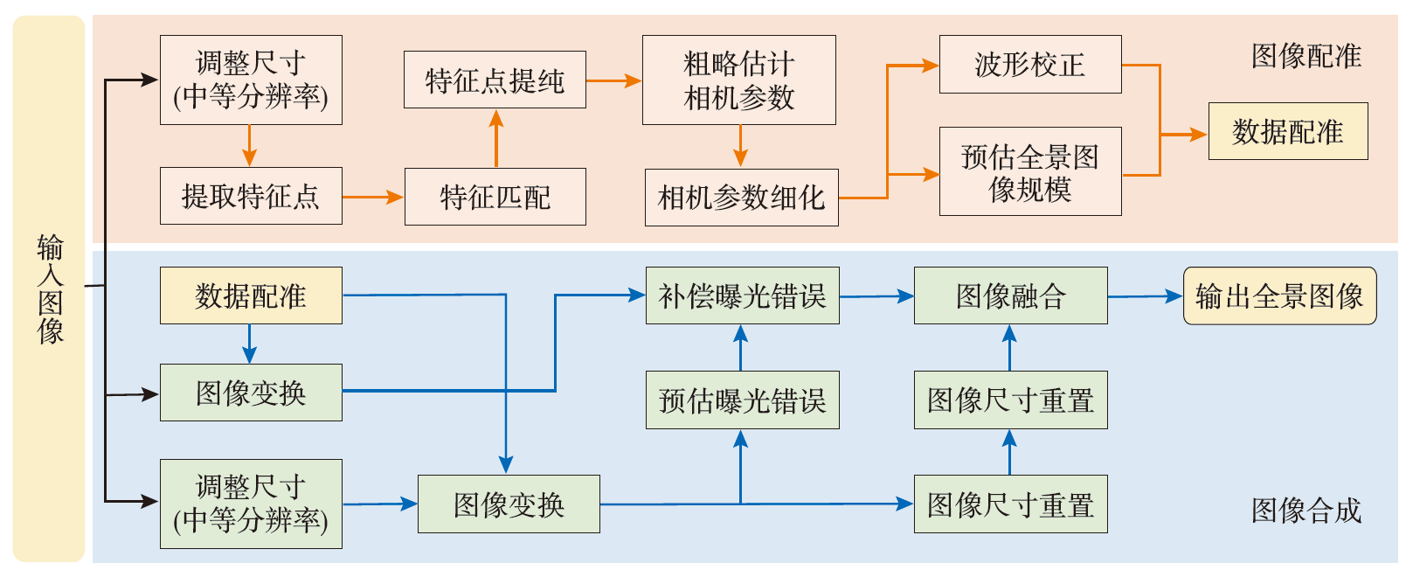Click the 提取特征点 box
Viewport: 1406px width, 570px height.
(x=251, y=196)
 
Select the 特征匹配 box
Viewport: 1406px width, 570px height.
(x=495, y=197)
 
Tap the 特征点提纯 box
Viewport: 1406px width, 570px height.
(x=495, y=80)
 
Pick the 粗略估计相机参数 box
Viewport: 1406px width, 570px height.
(x=738, y=80)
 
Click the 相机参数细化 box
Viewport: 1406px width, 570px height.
(x=741, y=198)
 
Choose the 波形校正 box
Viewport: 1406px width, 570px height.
(x=1029, y=64)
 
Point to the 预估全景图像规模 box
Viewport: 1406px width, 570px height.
(x=1029, y=171)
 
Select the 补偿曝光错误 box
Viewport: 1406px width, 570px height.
(x=742, y=295)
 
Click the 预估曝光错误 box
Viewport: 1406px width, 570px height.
(x=742, y=400)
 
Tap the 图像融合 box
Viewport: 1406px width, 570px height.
(x=1010, y=295)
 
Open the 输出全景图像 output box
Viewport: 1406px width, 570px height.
(x=1279, y=295)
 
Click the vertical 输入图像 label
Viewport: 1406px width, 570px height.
(x=50, y=288)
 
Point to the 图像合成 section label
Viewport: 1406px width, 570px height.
(x=1306, y=510)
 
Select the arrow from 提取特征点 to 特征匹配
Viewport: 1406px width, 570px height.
(x=373, y=197)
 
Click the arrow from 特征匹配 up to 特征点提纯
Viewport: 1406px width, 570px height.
(x=495, y=138)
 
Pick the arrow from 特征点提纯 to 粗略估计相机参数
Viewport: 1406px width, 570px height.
(x=613, y=80)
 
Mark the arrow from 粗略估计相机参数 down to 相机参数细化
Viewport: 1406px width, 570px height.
(x=740, y=146)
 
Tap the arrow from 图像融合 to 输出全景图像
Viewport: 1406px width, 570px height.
(x=1145, y=296)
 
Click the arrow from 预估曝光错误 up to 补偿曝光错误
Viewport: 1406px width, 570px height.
(x=741, y=348)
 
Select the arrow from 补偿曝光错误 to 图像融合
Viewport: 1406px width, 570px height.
(x=876, y=296)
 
